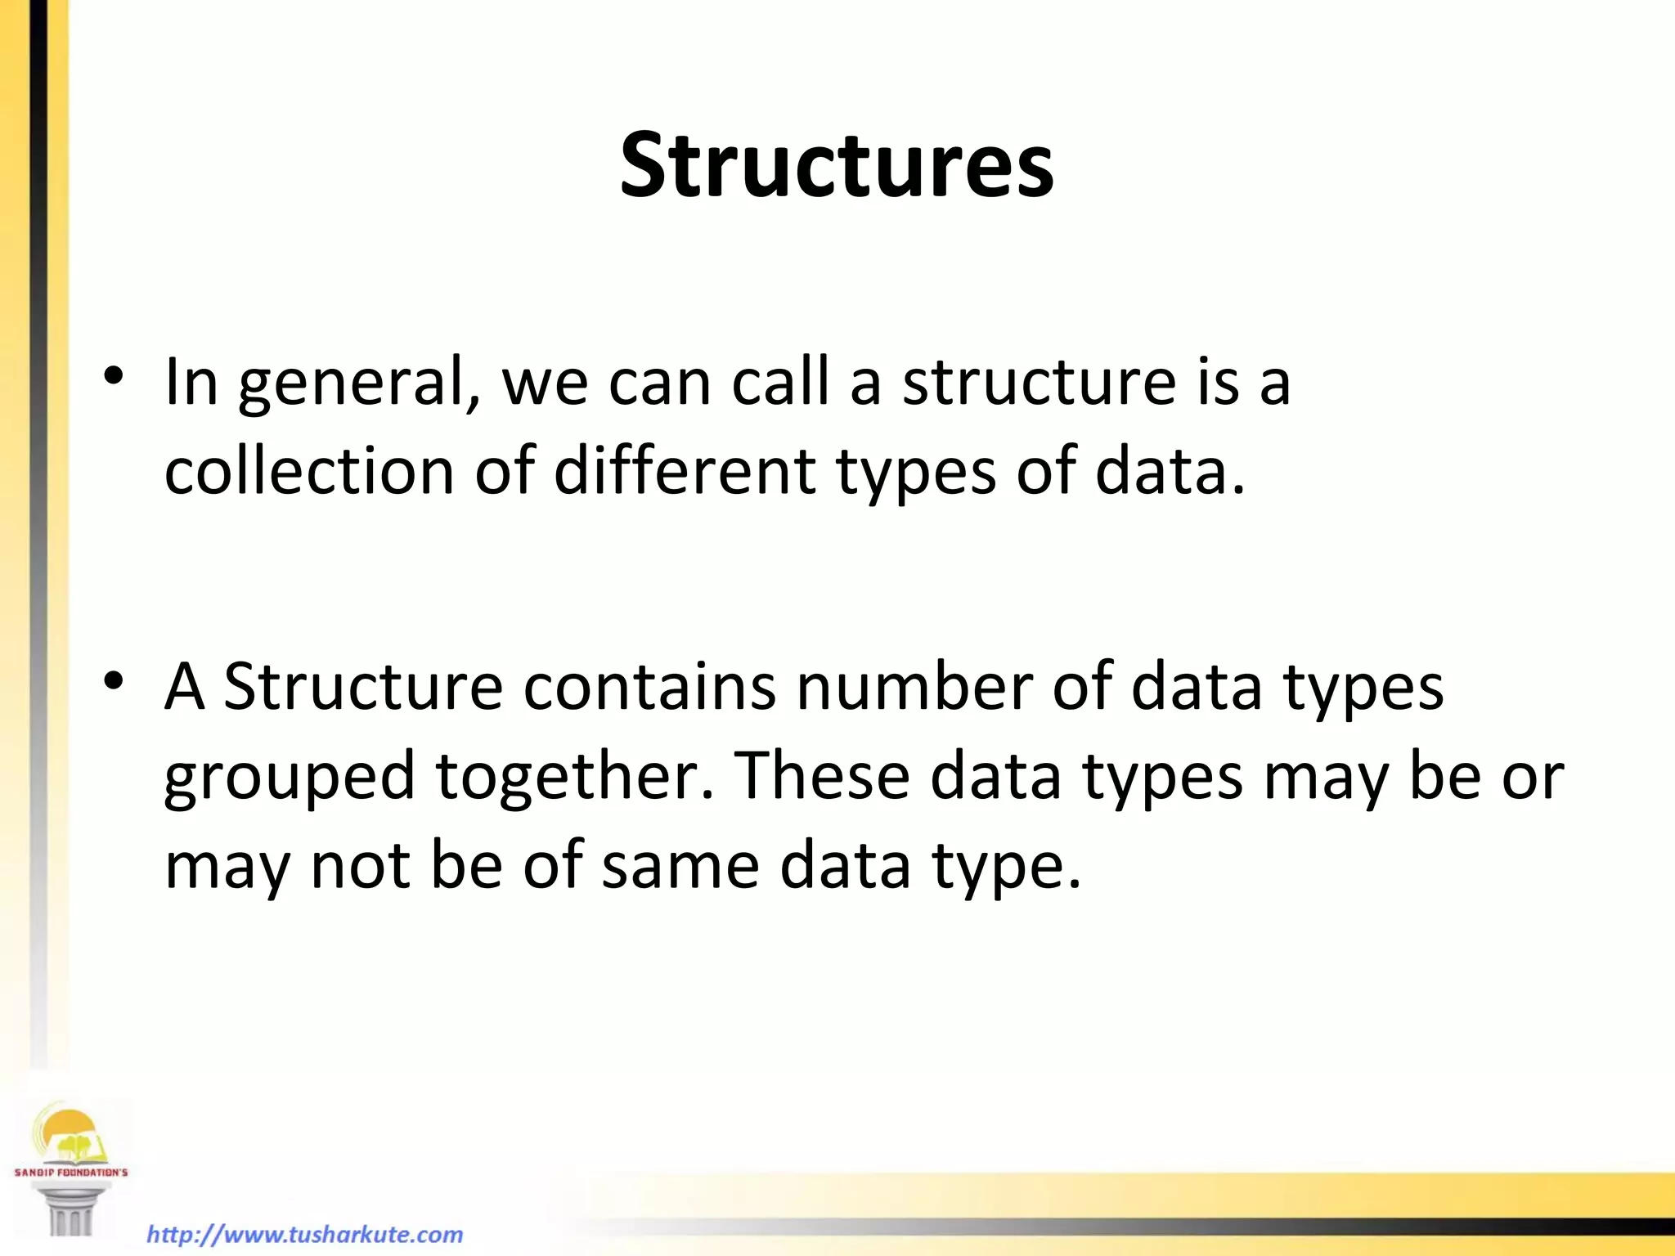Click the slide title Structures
[x=837, y=166]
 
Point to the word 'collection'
[x=308, y=472]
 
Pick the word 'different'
[x=685, y=472]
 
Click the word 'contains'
[x=649, y=687]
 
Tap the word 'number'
[x=914, y=687]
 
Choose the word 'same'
[x=680, y=866]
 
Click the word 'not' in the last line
[x=360, y=866]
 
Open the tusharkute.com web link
[x=304, y=1234]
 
